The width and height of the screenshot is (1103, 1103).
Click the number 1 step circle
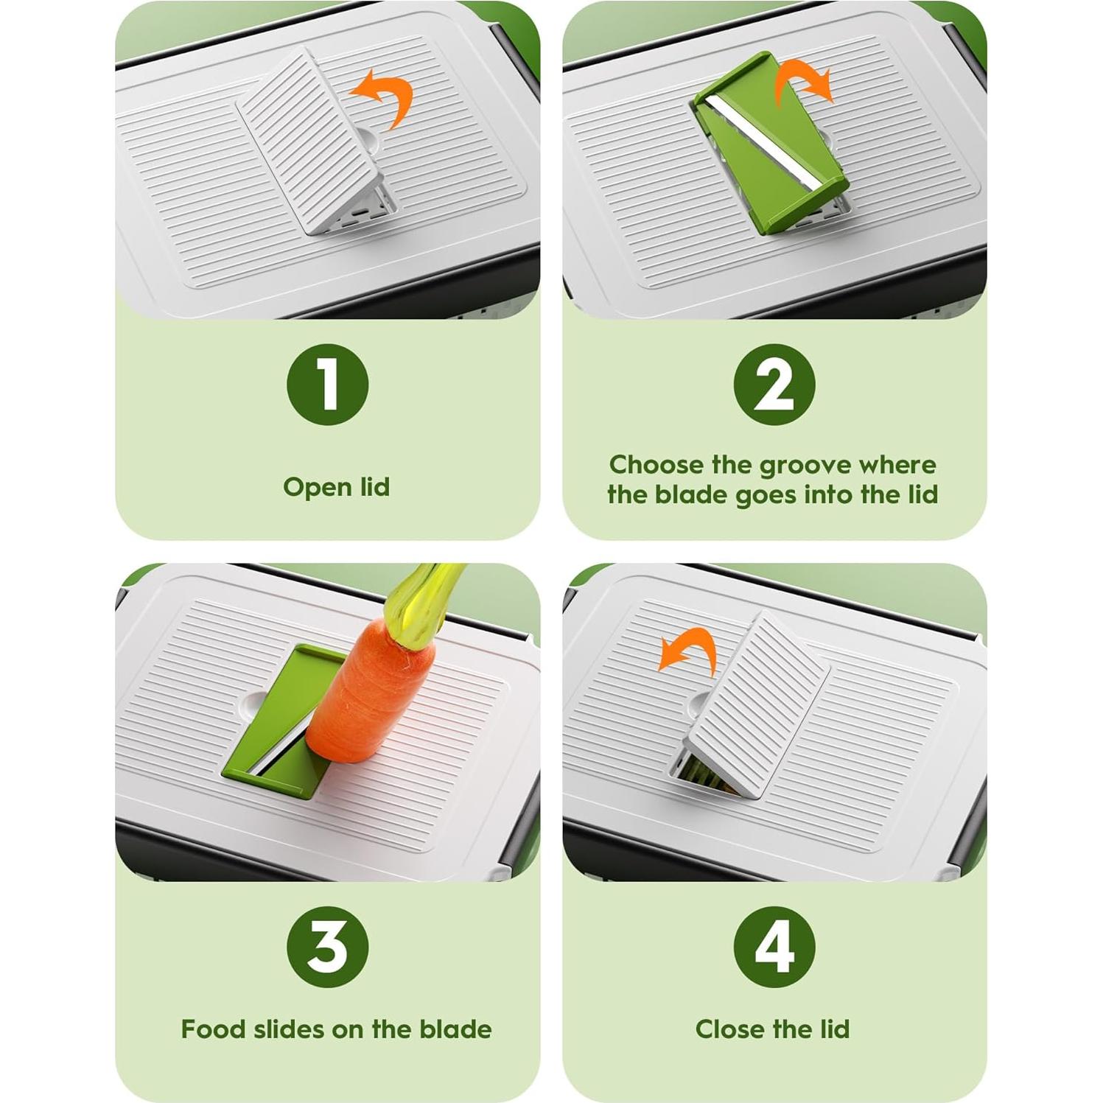[327, 384]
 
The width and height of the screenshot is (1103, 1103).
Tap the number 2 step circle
[774, 384]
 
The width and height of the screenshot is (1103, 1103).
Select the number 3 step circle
[327, 947]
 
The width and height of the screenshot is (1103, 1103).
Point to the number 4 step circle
[774, 947]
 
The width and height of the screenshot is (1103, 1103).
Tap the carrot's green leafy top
[424, 597]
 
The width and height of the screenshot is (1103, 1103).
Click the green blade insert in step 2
[770, 144]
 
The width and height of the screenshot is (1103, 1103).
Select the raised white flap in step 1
[315, 140]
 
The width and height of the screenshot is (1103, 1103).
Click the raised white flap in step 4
[757, 704]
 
